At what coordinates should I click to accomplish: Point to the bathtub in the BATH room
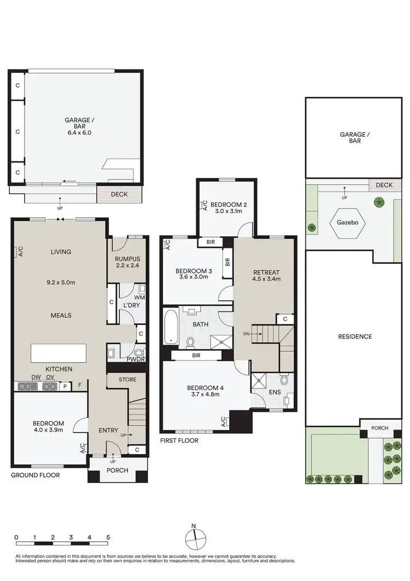click(170, 327)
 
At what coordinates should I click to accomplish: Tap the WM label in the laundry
click(141, 297)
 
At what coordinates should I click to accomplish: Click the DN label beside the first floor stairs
click(247, 333)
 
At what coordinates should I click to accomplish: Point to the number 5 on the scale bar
click(108, 537)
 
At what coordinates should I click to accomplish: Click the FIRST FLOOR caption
click(179, 440)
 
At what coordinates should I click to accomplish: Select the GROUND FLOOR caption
click(36, 475)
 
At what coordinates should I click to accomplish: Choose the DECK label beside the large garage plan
click(119, 194)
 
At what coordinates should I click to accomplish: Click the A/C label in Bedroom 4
click(224, 422)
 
